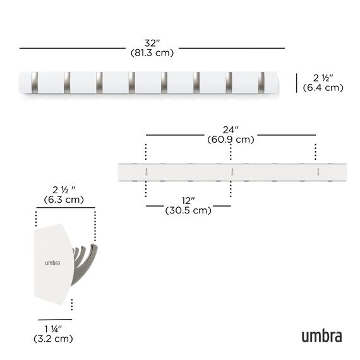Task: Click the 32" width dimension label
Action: pyautogui.click(x=152, y=43)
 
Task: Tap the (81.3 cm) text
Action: pyautogui.click(x=152, y=53)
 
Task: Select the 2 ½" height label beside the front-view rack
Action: pyautogui.click(x=323, y=78)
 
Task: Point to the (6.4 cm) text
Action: pyautogui.click(x=323, y=88)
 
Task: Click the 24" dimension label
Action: pyautogui.click(x=231, y=129)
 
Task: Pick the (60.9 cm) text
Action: pyautogui.click(x=231, y=139)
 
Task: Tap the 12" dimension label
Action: pyautogui.click(x=188, y=200)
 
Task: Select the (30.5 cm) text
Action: pyautogui.click(x=188, y=210)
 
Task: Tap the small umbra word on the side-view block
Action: pyautogui.click(x=52, y=263)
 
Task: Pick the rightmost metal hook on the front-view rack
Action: pyautogui.click(x=261, y=82)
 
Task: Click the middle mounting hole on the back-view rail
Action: pyautogui.click(x=231, y=171)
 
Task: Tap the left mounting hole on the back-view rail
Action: pyautogui.click(x=146, y=171)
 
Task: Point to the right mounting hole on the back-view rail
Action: pyautogui.click(x=316, y=171)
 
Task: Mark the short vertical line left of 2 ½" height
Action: pyautogui.click(x=297, y=82)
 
